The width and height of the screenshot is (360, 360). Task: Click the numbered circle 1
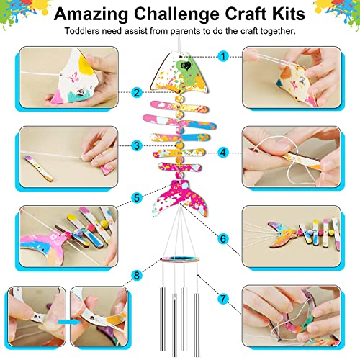point(223,56)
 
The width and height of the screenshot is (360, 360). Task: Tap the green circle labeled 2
point(136,92)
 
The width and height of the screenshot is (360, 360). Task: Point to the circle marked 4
point(223,153)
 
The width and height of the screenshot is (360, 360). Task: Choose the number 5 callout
point(137,197)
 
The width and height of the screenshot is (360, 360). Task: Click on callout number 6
point(223,238)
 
